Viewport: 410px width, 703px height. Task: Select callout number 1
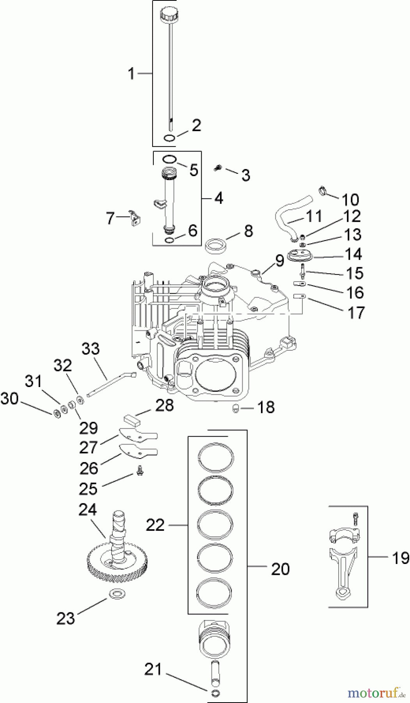click(131, 73)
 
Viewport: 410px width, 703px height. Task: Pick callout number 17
click(355, 312)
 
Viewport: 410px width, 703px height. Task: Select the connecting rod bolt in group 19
click(355, 518)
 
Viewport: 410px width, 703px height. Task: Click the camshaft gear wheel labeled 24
click(117, 564)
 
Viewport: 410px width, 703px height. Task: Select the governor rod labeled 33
click(111, 384)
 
